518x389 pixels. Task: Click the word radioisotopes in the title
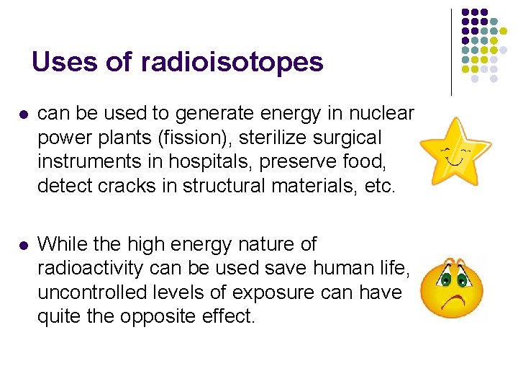click(x=232, y=62)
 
